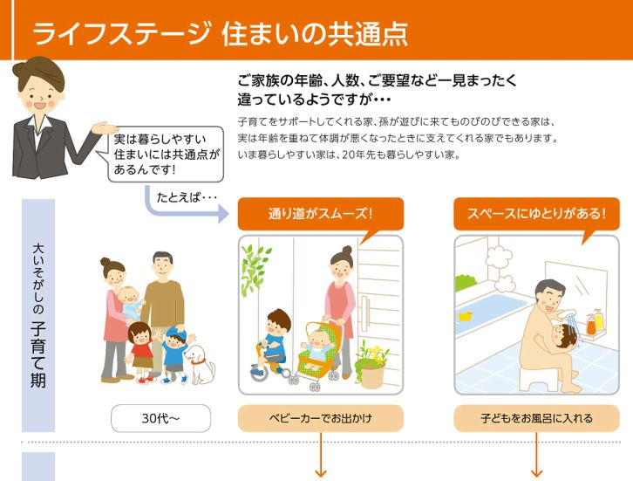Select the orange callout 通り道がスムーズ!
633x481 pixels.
click(x=320, y=213)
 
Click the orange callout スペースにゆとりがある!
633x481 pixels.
click(x=535, y=213)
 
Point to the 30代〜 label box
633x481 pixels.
click(x=160, y=418)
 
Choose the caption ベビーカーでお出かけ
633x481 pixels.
click(x=320, y=418)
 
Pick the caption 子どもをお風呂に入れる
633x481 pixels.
click(x=535, y=418)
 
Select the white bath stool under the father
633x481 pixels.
click(x=536, y=377)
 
